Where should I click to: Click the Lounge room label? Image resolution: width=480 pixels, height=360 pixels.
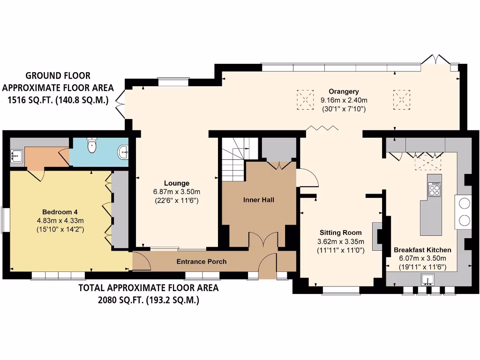pyautogui.click(x=177, y=183)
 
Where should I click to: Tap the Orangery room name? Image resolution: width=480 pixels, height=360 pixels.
pyautogui.click(x=344, y=91)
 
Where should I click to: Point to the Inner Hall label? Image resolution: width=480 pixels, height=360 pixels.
pyautogui.click(x=259, y=200)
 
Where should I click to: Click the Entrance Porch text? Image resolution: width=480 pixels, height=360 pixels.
pyautogui.click(x=202, y=262)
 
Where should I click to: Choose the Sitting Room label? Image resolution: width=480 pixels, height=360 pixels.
pyautogui.click(x=341, y=232)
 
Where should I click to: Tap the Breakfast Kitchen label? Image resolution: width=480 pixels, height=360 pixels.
pyautogui.click(x=422, y=250)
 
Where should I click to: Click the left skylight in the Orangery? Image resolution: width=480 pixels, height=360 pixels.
pyautogui.click(x=305, y=99)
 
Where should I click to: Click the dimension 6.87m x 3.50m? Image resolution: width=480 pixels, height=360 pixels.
pyautogui.click(x=177, y=192)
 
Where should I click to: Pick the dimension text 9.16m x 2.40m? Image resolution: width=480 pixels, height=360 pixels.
pyautogui.click(x=344, y=100)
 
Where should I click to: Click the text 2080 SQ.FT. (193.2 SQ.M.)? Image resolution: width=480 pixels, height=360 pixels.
pyautogui.click(x=148, y=300)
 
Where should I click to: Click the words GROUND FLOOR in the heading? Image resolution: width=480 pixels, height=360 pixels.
pyautogui.click(x=58, y=75)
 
